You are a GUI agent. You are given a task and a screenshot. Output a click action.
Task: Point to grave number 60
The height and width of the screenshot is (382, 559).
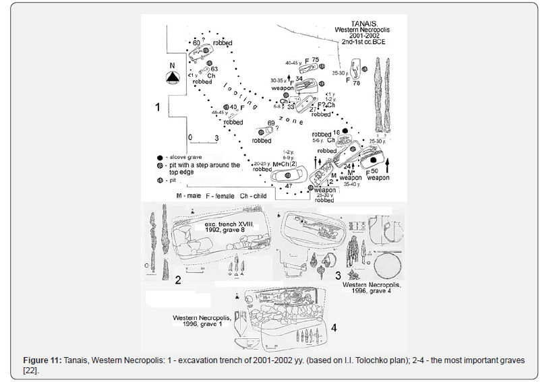[197, 42]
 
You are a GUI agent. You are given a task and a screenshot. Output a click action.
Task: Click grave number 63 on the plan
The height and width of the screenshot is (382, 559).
[214, 69]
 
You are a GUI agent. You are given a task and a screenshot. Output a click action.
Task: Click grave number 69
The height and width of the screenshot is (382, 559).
[271, 123]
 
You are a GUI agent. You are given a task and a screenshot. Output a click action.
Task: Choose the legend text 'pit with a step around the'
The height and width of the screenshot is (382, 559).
[204, 165]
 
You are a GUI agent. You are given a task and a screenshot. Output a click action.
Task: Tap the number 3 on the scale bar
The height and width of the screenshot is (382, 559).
[215, 137]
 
